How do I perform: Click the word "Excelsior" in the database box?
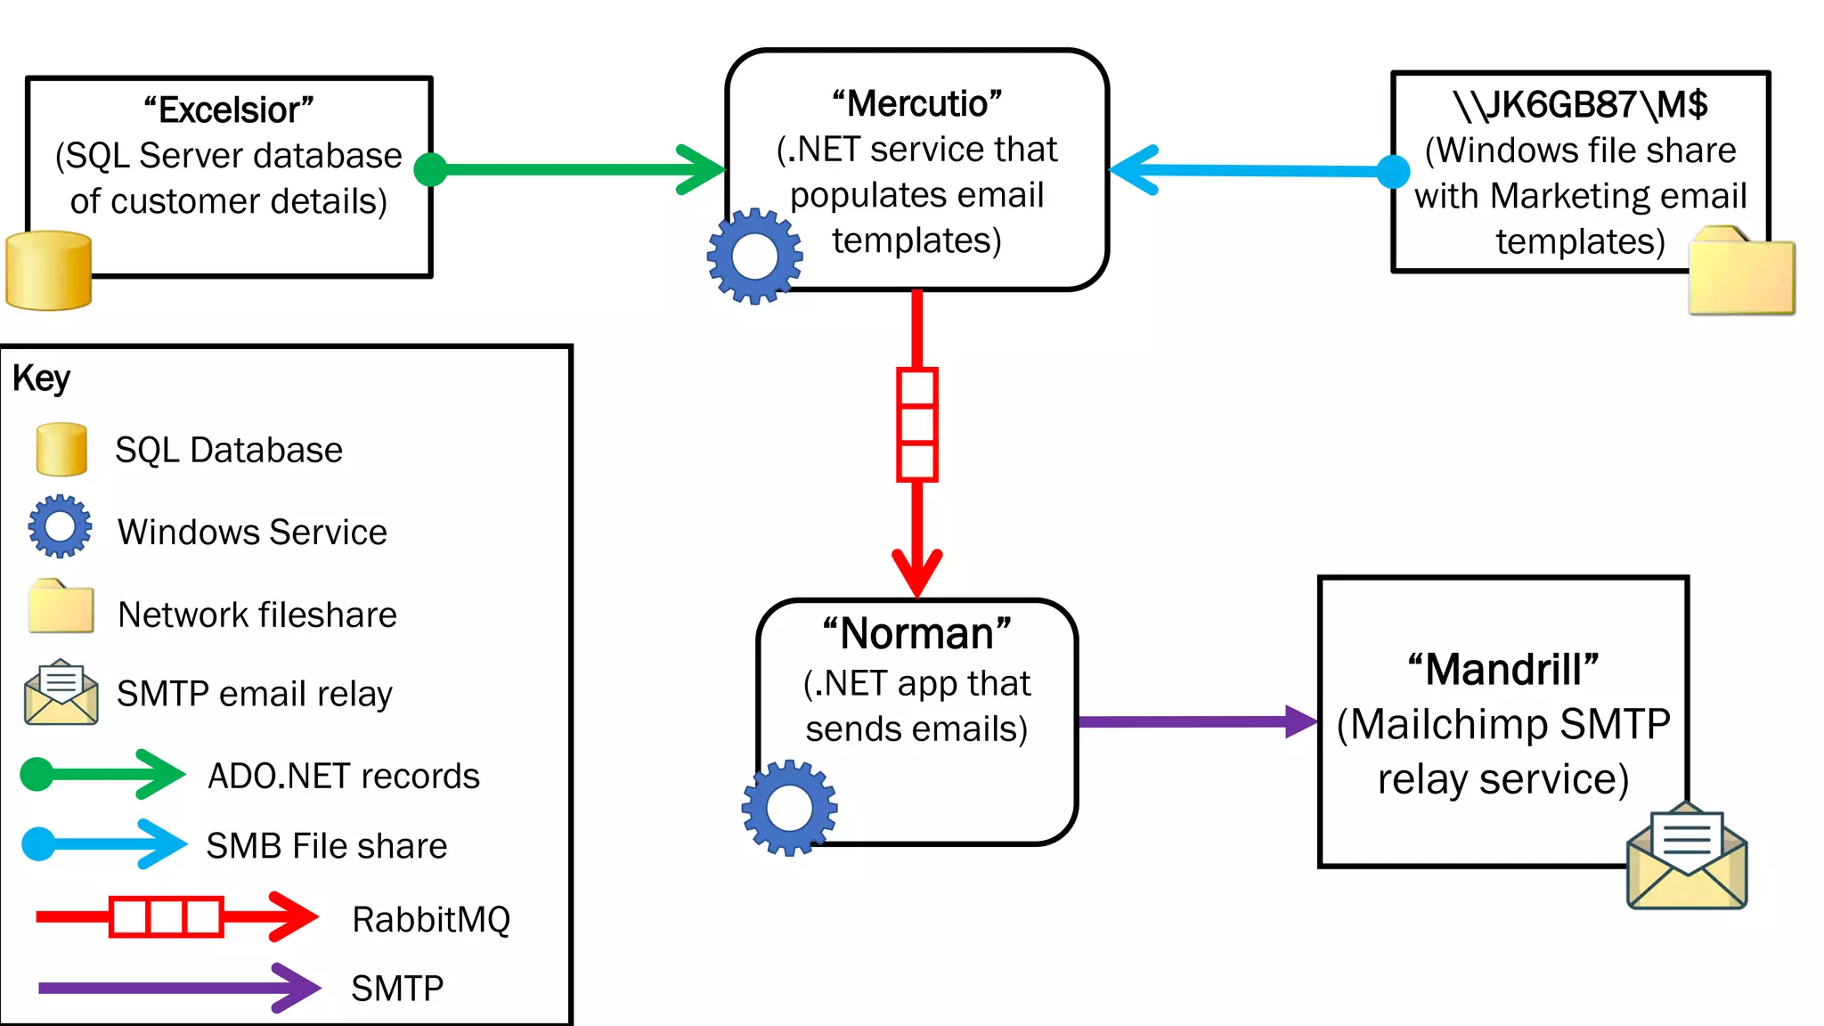tap(229, 110)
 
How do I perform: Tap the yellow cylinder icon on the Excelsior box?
tap(48, 271)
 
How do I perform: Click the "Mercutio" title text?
tap(916, 104)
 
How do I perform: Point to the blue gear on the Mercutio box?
tap(754, 256)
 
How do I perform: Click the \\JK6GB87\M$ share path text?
tap(1580, 105)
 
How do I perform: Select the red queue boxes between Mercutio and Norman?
tap(916, 425)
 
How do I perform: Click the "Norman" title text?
tap(916, 634)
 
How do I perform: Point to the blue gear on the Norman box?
tap(789, 808)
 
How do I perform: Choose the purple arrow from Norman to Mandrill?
tap(1193, 721)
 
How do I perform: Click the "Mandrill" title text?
tap(1503, 670)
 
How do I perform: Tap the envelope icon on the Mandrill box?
tap(1686, 857)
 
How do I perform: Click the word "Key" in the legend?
tap(41, 379)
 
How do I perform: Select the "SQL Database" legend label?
tap(229, 450)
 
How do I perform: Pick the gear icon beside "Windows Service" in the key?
tap(60, 526)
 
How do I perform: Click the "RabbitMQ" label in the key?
tap(431, 919)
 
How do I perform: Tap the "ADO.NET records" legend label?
tap(343, 776)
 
